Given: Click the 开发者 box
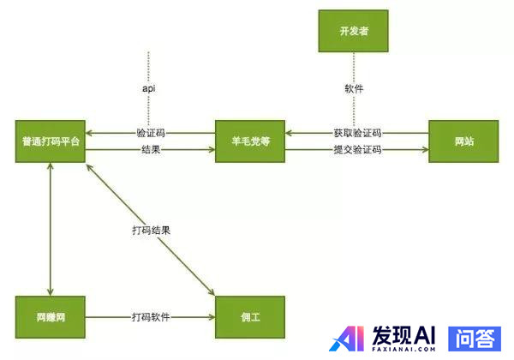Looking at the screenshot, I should pos(352,32).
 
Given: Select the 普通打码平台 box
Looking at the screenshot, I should pos(52,141).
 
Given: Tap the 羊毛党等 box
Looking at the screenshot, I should pos(250,141).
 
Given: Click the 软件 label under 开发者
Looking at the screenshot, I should pos(352,88).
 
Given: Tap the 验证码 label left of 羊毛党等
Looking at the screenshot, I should pos(151,134).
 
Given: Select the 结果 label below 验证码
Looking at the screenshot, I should pos(151,150).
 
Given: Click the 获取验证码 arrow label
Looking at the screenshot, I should pos(357,134).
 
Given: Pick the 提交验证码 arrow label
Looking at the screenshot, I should pos(357,150).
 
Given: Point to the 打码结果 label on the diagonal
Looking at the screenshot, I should pos(151,231).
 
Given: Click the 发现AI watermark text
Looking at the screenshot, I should pos(405,333).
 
